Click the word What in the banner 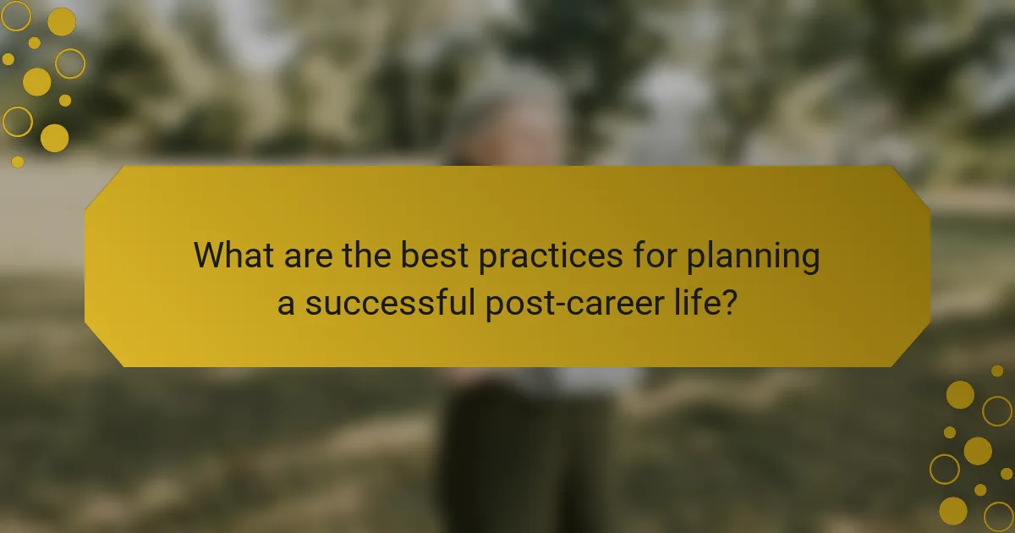tap(233, 256)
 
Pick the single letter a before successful tap(287, 303)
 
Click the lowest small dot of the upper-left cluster tap(18, 162)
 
